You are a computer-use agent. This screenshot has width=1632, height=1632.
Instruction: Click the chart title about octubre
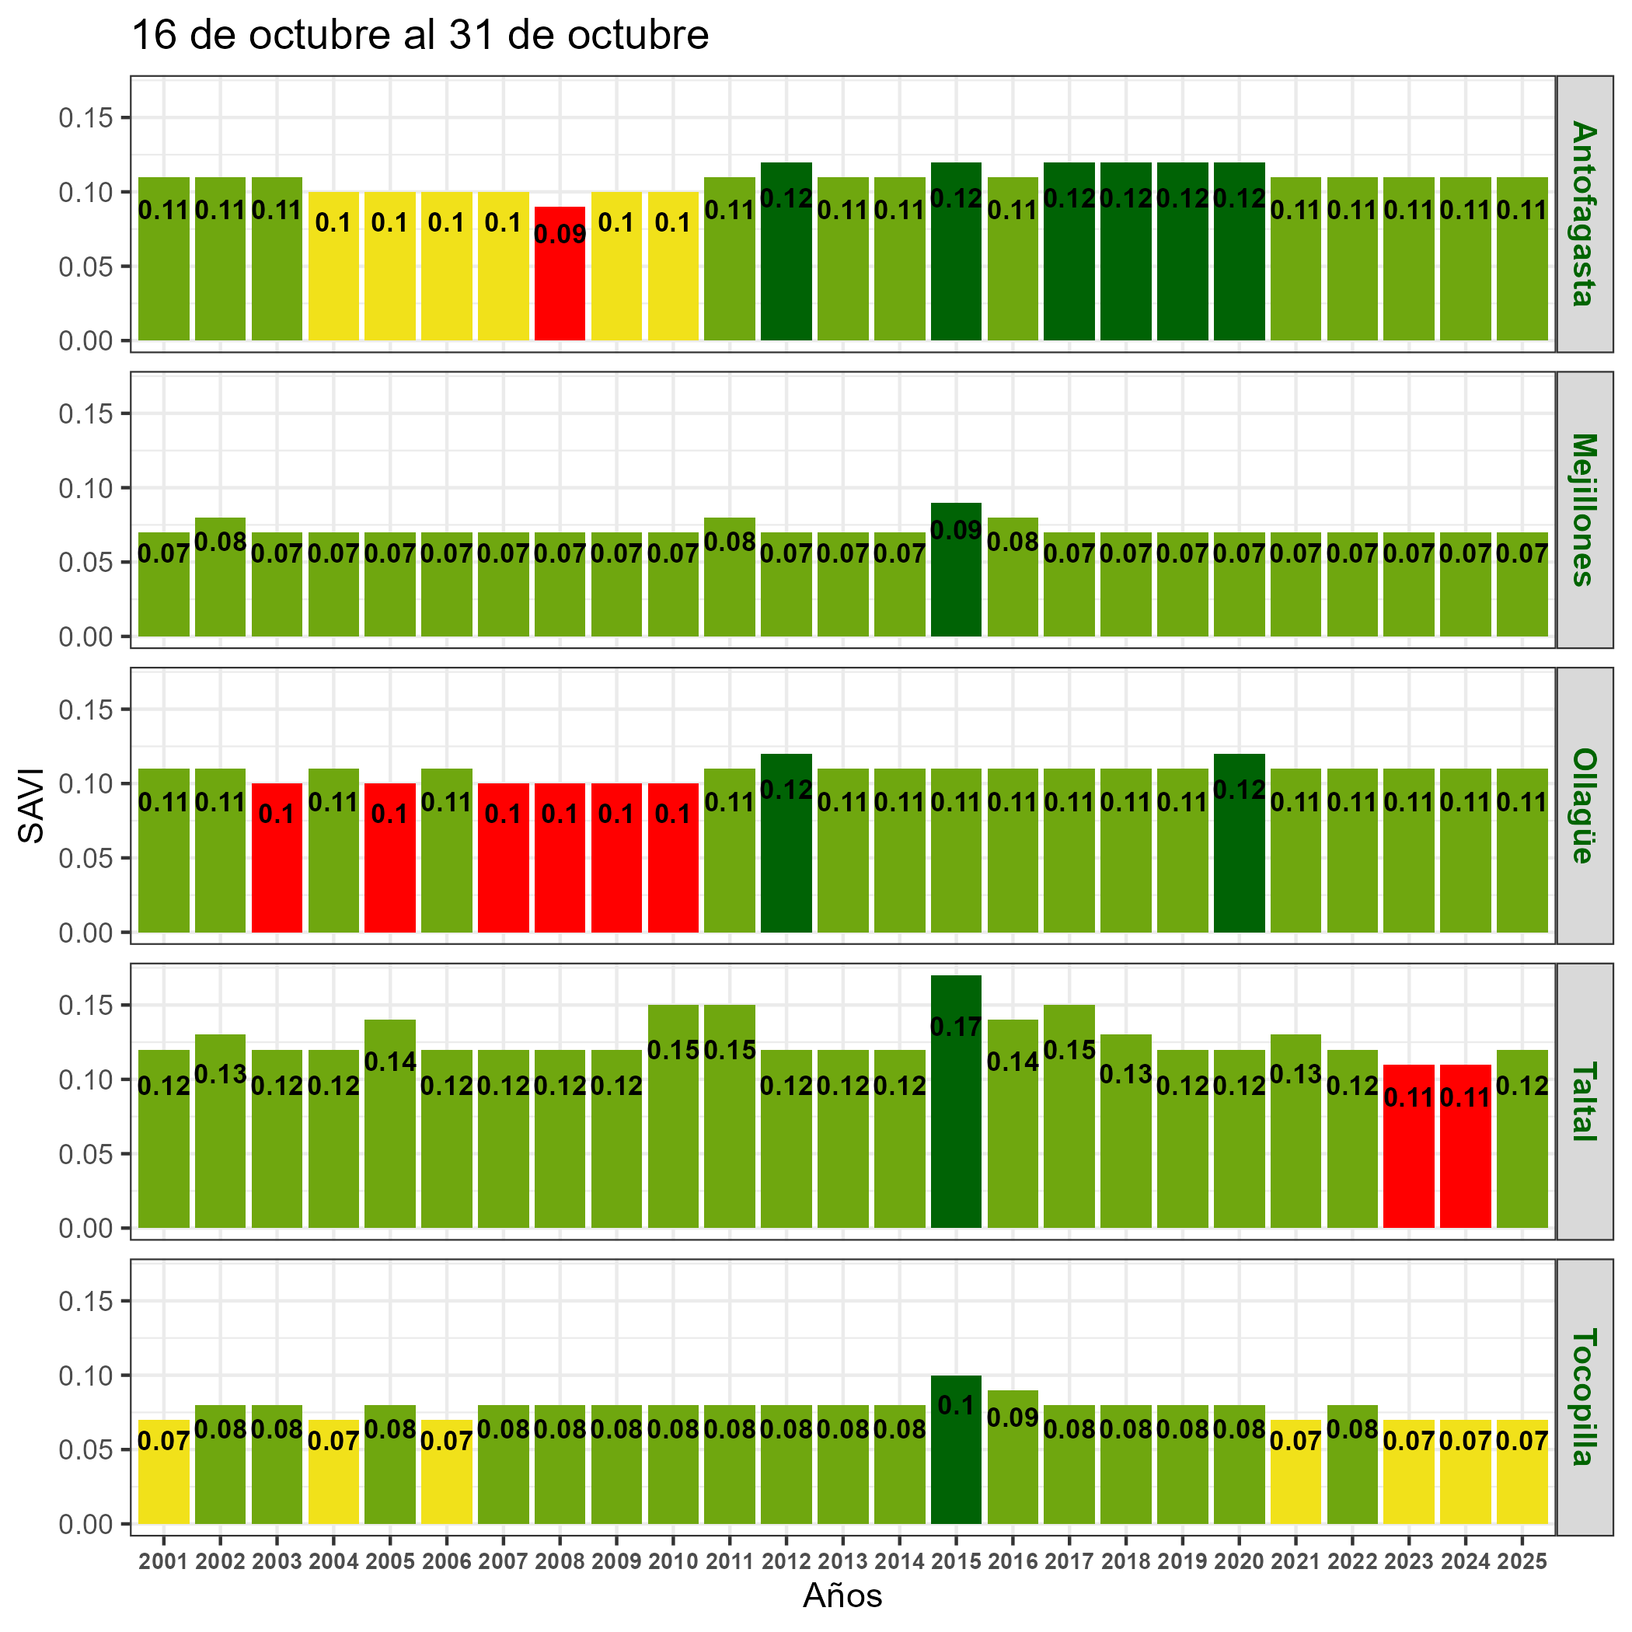420,36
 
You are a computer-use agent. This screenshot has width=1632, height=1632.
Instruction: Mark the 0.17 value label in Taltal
955,1027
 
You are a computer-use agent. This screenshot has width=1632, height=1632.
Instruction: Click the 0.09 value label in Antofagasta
560,234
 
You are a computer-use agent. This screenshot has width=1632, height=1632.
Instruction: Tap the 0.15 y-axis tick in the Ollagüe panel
85,710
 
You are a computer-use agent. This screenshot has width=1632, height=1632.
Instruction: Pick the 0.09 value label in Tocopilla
1012,1417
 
